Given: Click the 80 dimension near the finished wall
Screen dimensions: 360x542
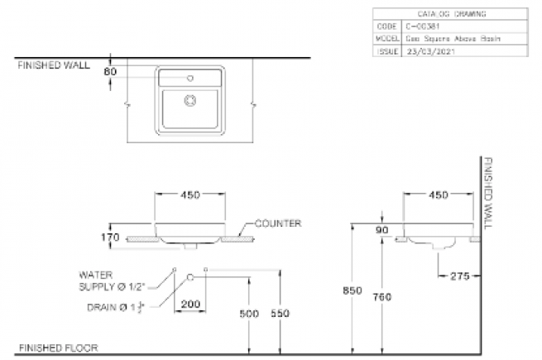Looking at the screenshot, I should click(x=112, y=71).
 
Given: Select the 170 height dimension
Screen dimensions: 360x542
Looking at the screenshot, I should click(x=112, y=238).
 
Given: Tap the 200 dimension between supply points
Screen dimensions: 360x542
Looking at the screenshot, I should click(x=190, y=304).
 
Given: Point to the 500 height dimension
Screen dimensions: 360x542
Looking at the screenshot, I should click(x=249, y=314).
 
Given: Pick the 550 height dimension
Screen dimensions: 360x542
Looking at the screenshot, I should click(x=280, y=314).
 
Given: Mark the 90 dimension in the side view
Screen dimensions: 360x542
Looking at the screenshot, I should click(x=381, y=231).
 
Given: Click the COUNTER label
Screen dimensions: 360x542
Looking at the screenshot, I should click(x=277, y=223).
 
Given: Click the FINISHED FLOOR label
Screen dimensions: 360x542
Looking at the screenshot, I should click(x=58, y=348).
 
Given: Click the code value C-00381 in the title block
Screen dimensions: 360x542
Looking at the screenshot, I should click(x=423, y=26).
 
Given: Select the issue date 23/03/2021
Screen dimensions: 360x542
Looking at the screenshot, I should click(x=427, y=50).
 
